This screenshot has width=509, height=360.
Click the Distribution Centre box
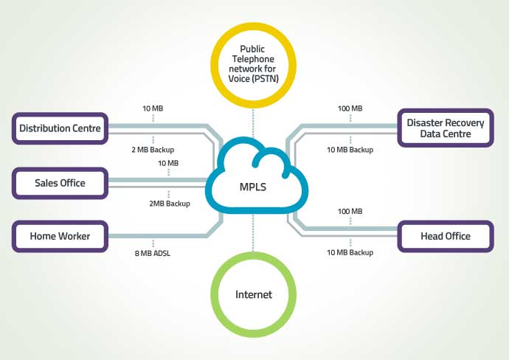tap(60, 128)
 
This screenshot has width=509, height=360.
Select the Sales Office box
tap(60, 182)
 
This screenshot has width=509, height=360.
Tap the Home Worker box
tap(60, 236)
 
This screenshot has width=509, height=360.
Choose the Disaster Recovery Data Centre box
tap(445, 128)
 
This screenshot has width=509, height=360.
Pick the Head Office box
tap(445, 236)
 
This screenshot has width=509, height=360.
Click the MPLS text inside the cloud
tap(253, 187)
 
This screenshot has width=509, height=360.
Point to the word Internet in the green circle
tap(253, 294)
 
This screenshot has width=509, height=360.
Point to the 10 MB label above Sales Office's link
tap(168, 162)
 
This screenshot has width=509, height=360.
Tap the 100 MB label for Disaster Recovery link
tap(350, 108)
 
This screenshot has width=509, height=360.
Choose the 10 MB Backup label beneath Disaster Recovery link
tap(350, 149)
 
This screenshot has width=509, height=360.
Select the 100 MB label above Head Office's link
tap(350, 211)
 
